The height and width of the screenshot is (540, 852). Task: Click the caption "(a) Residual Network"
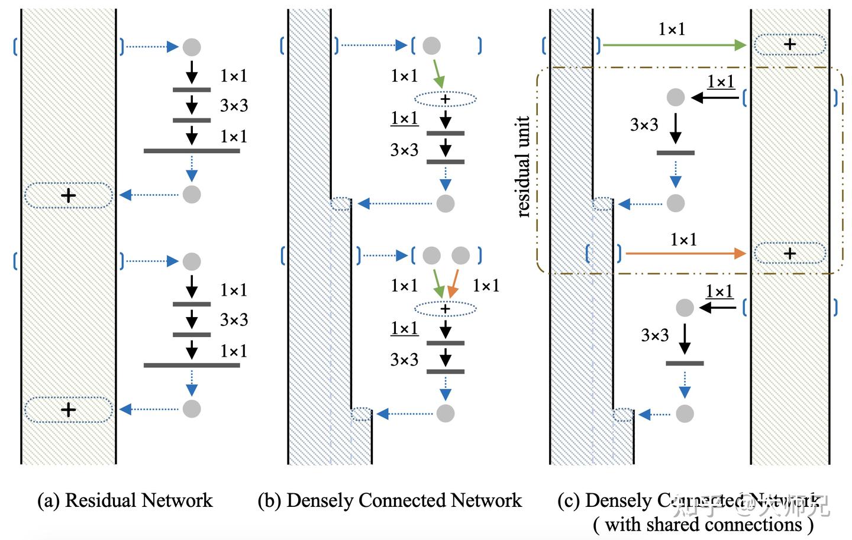point(125,500)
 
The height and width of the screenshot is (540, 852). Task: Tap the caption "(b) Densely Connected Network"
point(390,500)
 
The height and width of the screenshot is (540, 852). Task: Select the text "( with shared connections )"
point(703,524)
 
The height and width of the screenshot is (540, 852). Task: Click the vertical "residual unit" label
point(523,167)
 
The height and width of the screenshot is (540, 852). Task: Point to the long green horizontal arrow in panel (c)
point(674,45)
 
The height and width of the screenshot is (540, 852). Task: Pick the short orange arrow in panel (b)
point(453,284)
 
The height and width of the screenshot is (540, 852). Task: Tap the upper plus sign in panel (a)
point(69,195)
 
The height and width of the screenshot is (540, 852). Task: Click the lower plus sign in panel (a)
point(69,409)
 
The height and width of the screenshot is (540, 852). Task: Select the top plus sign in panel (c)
point(789,44)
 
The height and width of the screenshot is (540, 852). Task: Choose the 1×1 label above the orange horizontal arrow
point(683,240)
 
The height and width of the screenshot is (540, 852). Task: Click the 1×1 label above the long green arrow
point(672,29)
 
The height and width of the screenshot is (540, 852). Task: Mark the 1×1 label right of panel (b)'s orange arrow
point(486,286)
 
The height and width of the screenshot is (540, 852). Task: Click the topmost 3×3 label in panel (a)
point(234,106)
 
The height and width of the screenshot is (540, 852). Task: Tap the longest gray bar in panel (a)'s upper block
point(192,151)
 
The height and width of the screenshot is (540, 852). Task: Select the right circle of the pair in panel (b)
point(460,256)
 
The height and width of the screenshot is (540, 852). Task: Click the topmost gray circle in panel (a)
point(191,47)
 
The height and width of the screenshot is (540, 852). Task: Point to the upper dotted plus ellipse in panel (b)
point(445,99)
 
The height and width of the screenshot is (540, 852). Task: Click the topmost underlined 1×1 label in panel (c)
point(721,82)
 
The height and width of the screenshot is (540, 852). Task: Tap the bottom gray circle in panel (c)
point(685,413)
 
